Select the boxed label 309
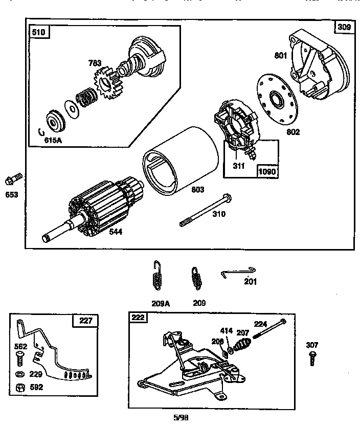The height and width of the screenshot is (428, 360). point(344,27)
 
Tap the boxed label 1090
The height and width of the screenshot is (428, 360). point(267,171)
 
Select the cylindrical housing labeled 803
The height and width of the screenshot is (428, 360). point(176,159)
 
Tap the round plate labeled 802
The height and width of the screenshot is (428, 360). point(277,99)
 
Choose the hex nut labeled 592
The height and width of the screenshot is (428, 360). point(21,387)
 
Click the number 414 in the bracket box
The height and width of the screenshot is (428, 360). point(227,330)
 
